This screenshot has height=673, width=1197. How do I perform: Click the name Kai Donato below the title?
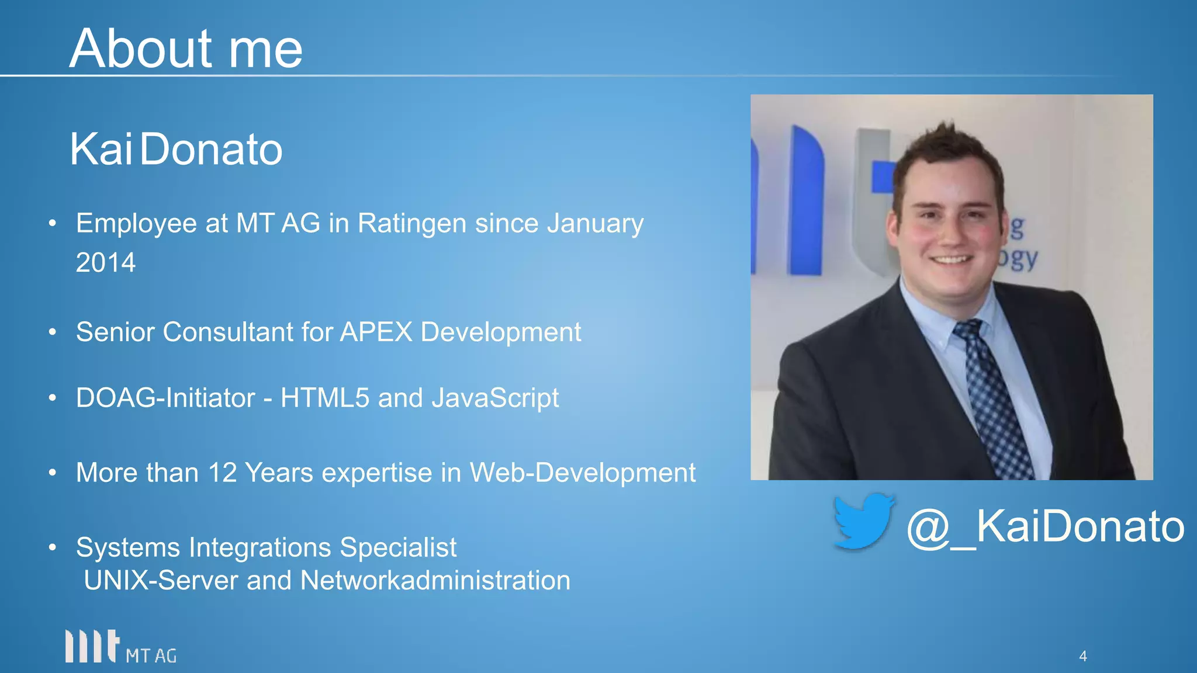pos(176,150)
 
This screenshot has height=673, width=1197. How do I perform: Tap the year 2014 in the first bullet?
pos(106,262)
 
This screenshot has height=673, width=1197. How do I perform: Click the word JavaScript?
pos(495,398)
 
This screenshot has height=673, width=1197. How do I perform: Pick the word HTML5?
pos(325,398)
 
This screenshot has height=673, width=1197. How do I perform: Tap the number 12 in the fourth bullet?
pos(222,473)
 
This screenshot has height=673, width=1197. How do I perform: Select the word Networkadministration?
pos(435,581)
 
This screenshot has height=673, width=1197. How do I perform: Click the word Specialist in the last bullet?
pos(398,548)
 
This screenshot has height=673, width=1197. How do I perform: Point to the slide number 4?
pos(1082,656)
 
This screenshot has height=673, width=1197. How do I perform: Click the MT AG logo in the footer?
pos(120,647)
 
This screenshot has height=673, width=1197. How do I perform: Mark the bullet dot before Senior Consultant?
pos(53,332)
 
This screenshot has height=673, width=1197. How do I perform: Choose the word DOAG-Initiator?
pos(165,398)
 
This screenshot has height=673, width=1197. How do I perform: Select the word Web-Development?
pos(583,473)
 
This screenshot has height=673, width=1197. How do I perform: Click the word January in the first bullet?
pos(595,224)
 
